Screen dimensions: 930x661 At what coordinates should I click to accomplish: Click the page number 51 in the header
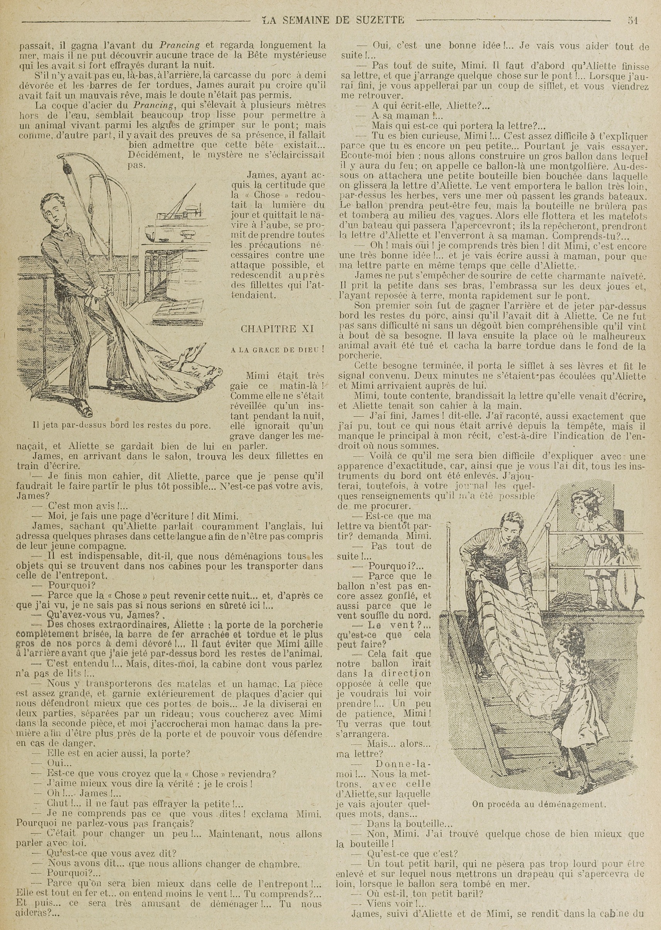[632, 20]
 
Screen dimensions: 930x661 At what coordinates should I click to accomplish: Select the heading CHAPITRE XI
[277, 329]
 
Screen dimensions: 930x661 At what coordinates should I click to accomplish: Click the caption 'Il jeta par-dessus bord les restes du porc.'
[121, 425]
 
